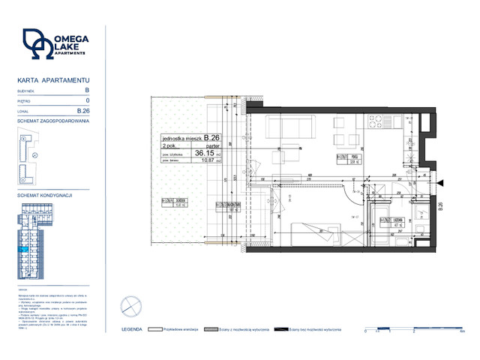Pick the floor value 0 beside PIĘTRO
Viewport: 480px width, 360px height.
[x=88, y=100]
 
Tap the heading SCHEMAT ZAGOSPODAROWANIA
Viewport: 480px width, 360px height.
[x=52, y=120]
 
